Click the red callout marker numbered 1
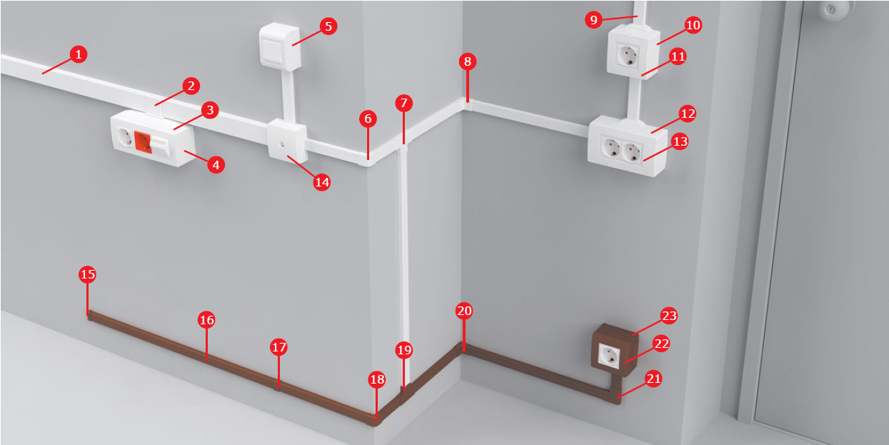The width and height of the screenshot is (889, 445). click(x=78, y=54)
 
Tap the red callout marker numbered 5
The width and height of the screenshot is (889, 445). click(x=328, y=26)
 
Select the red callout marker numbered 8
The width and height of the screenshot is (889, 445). click(x=468, y=61)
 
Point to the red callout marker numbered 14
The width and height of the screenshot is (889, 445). click(x=321, y=182)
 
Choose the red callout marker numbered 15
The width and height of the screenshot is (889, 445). click(x=87, y=274)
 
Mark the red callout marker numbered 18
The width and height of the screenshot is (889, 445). click(x=376, y=379)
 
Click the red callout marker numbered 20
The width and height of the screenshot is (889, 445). click(x=464, y=311)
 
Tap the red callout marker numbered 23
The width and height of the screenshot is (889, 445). click(x=669, y=316)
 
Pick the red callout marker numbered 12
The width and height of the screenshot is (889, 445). click(x=688, y=114)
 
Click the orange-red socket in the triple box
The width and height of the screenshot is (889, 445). click(x=143, y=141)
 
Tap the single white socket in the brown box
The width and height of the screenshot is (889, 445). click(x=609, y=355)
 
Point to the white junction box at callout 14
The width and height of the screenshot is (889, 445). click(x=287, y=141)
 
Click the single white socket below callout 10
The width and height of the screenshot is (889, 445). click(x=628, y=56)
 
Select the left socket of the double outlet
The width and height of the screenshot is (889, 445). click(x=611, y=147)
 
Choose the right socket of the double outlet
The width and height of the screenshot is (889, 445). click(x=631, y=152)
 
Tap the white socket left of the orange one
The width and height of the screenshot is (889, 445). click(x=125, y=137)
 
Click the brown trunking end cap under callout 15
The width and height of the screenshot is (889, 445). click(x=89, y=316)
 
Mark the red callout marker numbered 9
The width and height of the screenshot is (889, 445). click(x=593, y=19)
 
